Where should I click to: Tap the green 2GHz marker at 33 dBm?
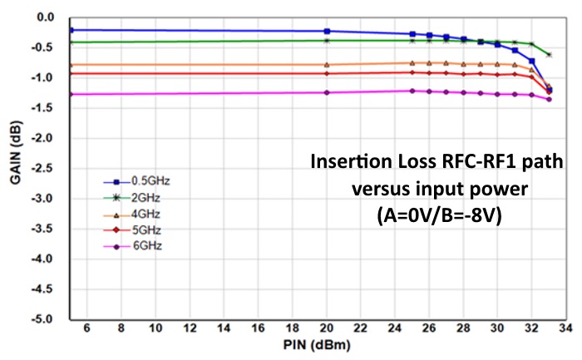tap(549, 55)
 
